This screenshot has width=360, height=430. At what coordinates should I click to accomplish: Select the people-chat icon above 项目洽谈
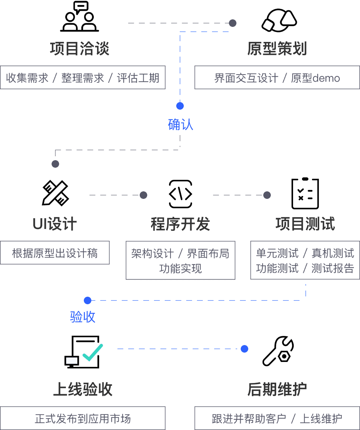pyautogui.click(x=80, y=17)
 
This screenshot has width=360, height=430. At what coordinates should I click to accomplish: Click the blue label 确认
pyautogui.click(x=180, y=124)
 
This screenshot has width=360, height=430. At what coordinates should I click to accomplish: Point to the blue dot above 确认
pyautogui.click(x=180, y=106)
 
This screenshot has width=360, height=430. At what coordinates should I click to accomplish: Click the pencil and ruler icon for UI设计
pyautogui.click(x=56, y=193)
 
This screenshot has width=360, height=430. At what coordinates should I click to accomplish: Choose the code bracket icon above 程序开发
pyautogui.click(x=181, y=194)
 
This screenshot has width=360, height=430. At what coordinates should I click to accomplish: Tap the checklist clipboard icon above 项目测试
pyautogui.click(x=305, y=193)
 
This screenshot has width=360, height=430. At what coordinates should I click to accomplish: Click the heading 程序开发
pyautogui.click(x=180, y=224)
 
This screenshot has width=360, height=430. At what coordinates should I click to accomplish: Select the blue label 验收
pyautogui.click(x=83, y=317)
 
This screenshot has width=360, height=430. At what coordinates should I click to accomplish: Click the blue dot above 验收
pyautogui.click(x=88, y=300)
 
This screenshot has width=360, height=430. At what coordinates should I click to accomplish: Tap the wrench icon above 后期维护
pyautogui.click(x=278, y=351)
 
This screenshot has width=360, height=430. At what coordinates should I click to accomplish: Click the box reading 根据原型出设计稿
pyautogui.click(x=55, y=253)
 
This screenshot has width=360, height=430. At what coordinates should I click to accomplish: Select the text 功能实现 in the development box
pyautogui.click(x=181, y=268)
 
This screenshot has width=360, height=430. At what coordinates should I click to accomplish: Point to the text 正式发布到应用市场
pyautogui.click(x=83, y=419)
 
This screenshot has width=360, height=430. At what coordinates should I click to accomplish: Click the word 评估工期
pyautogui.click(x=138, y=78)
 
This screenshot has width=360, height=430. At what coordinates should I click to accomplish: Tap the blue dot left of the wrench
pyautogui.click(x=244, y=349)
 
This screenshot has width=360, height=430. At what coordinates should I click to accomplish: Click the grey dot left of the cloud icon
pyautogui.click(x=233, y=23)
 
